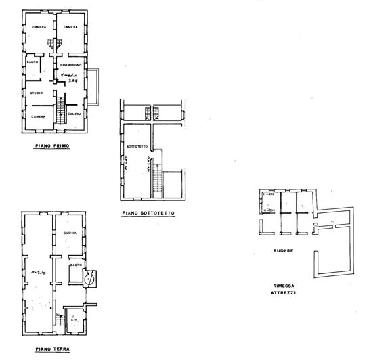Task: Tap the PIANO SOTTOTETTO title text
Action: [149, 212]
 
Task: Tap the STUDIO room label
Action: [37, 93]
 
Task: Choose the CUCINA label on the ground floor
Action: [71, 233]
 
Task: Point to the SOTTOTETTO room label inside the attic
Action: [137, 146]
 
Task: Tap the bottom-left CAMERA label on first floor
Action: [37, 116]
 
